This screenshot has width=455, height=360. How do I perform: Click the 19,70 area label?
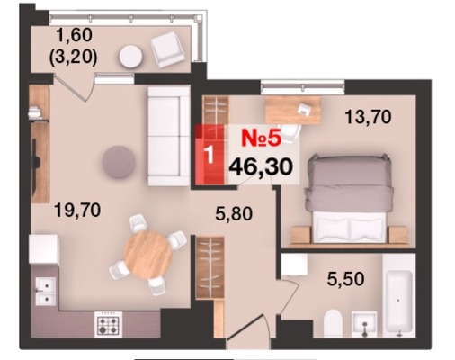tap(77, 210)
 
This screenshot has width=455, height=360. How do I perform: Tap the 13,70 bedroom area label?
tap(368, 117)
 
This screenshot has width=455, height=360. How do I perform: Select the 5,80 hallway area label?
tap(234, 214)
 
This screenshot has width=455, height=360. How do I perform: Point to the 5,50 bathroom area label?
tap(345, 279)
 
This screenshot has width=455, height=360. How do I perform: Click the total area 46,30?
tap(261, 166)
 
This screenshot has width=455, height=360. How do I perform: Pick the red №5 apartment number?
tap(262, 139)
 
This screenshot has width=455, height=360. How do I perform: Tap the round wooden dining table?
tap(147, 255)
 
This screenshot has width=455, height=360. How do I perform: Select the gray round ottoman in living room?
tap(118, 162)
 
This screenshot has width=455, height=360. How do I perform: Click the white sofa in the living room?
tap(169, 136)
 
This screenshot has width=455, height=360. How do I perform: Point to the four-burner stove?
tap(109, 324)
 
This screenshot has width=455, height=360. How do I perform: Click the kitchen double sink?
tap(45, 291)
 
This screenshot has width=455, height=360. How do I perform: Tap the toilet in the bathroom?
tap(334, 323)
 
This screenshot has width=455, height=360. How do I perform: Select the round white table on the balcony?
tap(130, 56)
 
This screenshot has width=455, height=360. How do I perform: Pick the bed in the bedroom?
tap(349, 198)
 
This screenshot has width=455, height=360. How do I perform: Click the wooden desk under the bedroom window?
tap(293, 110)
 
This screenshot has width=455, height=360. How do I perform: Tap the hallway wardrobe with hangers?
tap(210, 267)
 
